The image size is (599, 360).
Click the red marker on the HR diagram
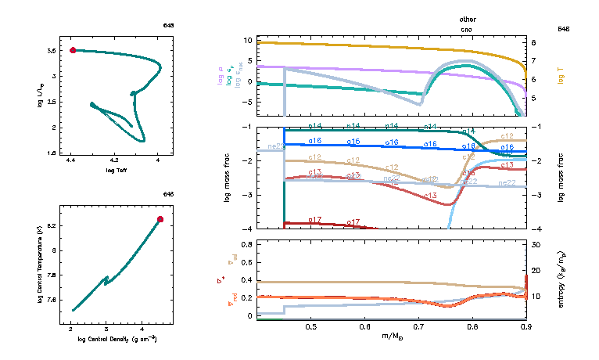click(x=73, y=50)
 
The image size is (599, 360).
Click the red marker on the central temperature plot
click(x=160, y=220)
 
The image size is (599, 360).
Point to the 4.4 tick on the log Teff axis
click(x=71, y=160)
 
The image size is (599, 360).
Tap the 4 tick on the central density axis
click(x=142, y=329)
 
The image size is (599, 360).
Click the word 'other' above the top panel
click(x=468, y=19)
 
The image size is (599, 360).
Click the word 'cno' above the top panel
click(x=468, y=27)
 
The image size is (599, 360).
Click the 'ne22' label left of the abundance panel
click(x=275, y=146)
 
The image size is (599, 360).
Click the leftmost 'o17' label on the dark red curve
click(x=315, y=220)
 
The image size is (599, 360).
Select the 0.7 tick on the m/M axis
click(x=418, y=326)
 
